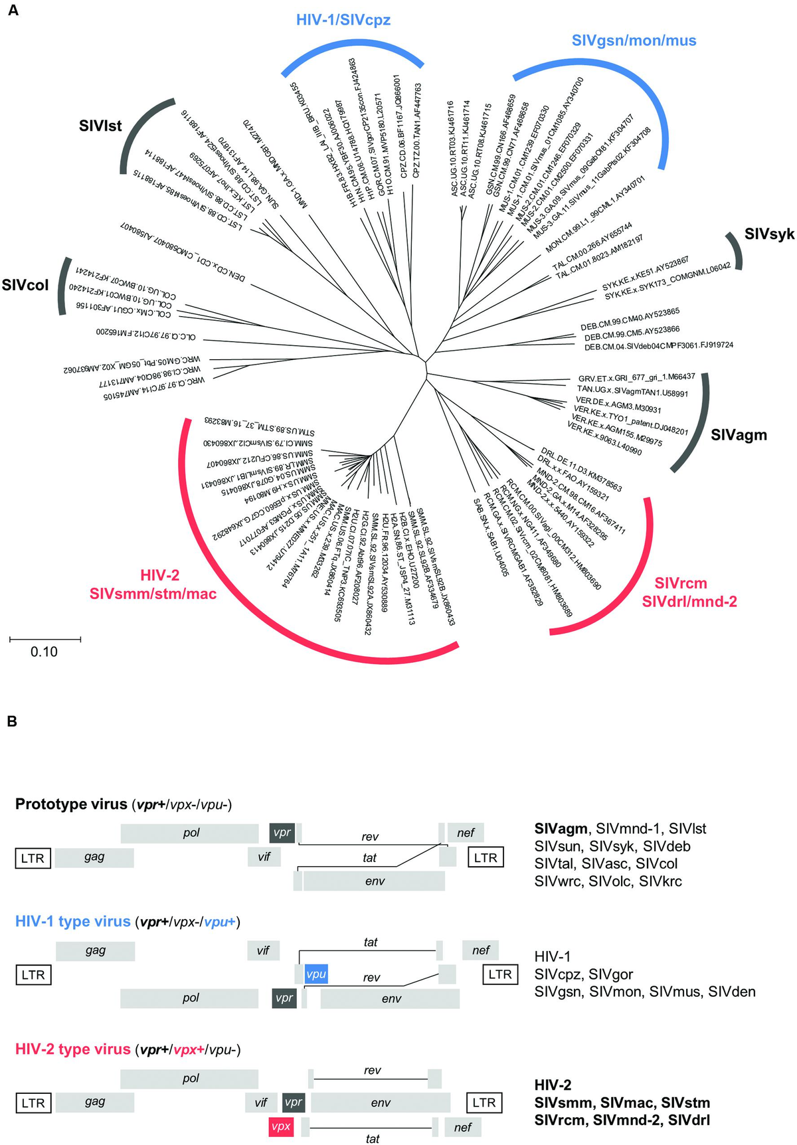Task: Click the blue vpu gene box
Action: click(x=316, y=974)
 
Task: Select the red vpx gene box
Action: click(x=281, y=1126)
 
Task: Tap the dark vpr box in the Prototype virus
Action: click(x=282, y=832)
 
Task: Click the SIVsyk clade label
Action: click(x=769, y=234)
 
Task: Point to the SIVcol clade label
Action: click(x=25, y=286)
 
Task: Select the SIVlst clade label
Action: click(x=100, y=126)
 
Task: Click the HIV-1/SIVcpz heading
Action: click(x=343, y=20)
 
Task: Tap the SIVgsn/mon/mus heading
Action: click(x=634, y=41)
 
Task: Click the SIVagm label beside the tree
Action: click(x=739, y=435)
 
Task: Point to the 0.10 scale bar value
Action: click(x=44, y=652)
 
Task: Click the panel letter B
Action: click(x=12, y=721)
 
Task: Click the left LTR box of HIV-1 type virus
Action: click(x=33, y=975)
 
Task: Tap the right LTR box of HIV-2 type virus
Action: click(x=484, y=1102)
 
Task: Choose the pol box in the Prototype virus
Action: click(x=191, y=833)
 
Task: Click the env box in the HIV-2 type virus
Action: click(x=381, y=1102)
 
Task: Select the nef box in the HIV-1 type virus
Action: click(x=481, y=950)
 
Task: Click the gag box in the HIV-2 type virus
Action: click(x=95, y=1102)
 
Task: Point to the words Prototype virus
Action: click(x=71, y=804)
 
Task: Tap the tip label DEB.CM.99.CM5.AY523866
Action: click(x=632, y=333)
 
